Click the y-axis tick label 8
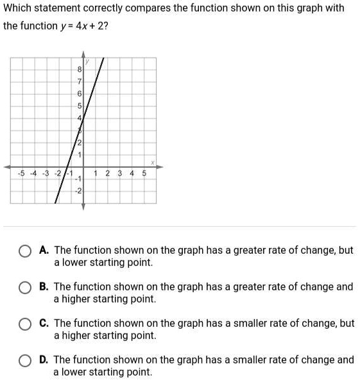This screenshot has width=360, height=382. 79,69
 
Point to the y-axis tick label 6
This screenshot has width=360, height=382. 79,94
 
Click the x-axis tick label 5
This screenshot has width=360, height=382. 144,173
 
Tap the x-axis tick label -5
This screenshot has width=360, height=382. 22,173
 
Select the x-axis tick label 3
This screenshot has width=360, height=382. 119,173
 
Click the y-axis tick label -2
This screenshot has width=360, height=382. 78,192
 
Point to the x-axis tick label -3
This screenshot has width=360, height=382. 46,173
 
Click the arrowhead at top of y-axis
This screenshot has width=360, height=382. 83,56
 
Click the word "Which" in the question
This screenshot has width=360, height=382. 18,8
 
